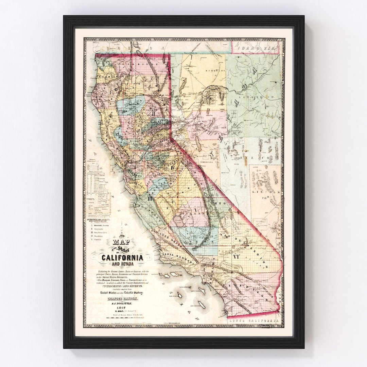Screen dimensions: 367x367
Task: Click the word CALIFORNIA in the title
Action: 122,258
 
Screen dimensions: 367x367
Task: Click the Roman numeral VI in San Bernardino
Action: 236,257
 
